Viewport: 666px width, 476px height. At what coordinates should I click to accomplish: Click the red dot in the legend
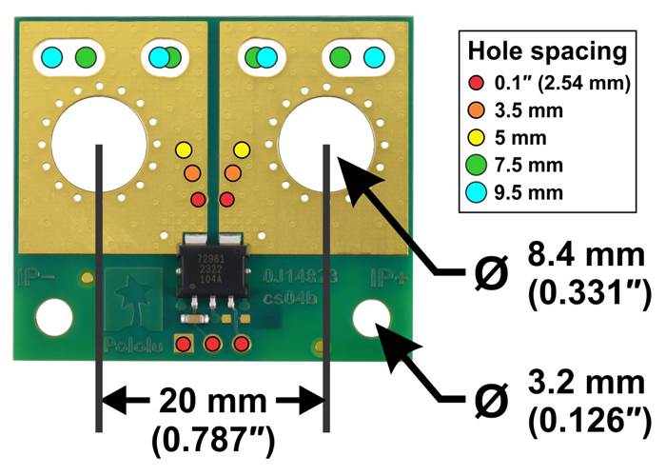tap(476, 83)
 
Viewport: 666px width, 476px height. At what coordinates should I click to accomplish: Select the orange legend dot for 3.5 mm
tap(476, 110)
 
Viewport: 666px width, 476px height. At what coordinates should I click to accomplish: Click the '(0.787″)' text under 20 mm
tap(211, 439)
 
